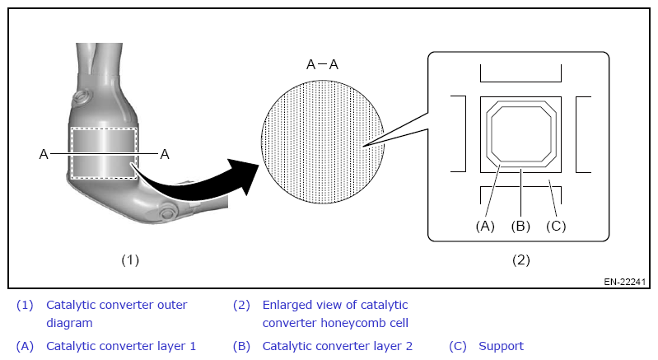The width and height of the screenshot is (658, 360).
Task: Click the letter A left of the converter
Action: coord(44,153)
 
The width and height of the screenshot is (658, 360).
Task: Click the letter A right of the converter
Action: coord(165,153)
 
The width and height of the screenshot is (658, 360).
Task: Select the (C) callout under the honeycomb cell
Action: coord(557,225)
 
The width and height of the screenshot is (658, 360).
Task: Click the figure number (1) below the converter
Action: coord(130,259)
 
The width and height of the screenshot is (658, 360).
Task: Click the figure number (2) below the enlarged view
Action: coord(520,259)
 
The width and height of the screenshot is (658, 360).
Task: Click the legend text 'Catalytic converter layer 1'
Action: coord(121,346)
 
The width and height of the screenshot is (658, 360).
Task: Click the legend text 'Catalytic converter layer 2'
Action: coord(337,346)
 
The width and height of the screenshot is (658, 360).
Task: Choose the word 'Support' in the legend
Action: coord(501,346)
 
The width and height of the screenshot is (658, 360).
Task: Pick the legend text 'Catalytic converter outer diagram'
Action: coord(116,314)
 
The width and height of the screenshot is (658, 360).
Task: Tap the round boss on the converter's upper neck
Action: coord(80,100)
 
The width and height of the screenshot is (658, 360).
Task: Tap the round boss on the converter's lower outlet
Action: coord(169,214)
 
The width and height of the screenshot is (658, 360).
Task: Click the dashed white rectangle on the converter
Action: coord(104,152)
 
